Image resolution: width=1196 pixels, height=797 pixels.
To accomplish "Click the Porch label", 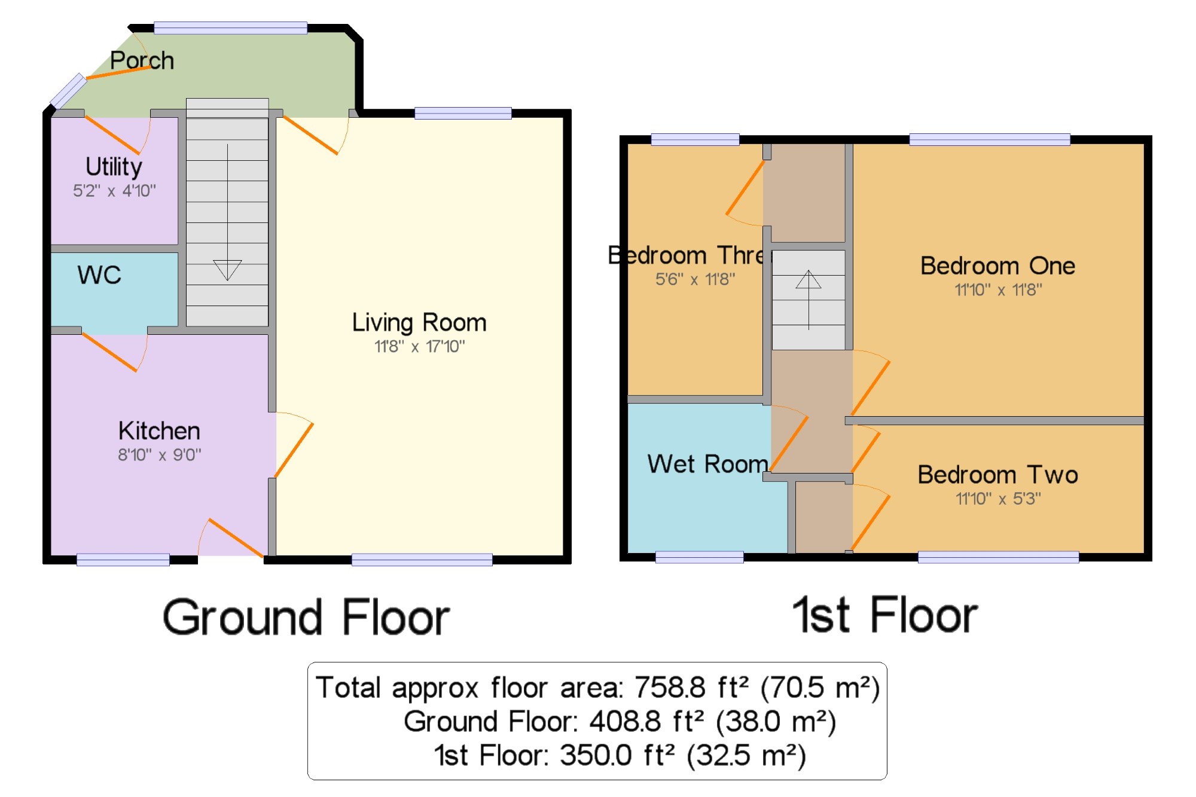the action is tap(142, 60).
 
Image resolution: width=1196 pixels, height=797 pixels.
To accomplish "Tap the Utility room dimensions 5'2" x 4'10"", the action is tap(114, 191).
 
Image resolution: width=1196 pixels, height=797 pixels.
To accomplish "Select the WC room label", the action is tap(99, 275).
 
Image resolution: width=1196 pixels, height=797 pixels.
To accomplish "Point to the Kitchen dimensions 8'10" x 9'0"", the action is tap(160, 455).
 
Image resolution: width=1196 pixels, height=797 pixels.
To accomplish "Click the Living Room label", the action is tap(419, 323).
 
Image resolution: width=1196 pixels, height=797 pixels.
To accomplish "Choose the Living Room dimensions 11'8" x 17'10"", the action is tap(420, 346).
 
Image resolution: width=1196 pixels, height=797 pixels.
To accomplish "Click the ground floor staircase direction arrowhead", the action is tap(227, 270).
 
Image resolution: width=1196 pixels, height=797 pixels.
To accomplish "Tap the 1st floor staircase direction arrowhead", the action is tap(808, 279).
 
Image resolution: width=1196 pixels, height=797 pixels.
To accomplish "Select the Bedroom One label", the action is tap(998, 265).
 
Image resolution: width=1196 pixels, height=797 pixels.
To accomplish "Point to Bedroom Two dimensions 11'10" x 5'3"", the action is tap(998, 498).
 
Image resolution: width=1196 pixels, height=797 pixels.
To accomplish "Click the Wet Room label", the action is tap(708, 464).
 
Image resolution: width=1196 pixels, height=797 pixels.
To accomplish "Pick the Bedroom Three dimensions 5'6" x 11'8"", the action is tap(695, 279).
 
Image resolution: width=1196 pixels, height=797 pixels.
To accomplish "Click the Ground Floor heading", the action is tap(306, 617).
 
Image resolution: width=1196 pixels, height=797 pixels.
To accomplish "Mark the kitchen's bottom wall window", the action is tap(123, 560).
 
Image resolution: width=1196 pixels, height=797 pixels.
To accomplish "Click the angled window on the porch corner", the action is tap(68, 91).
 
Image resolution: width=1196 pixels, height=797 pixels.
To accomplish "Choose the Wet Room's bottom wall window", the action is tap(700, 557).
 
